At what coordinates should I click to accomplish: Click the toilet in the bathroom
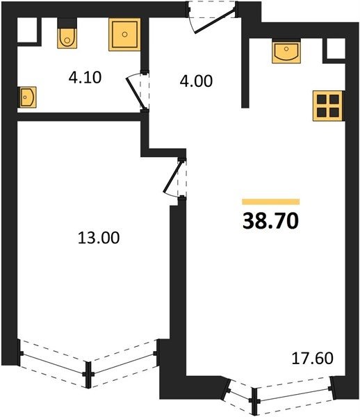pos(67,38)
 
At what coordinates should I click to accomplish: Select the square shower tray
pos(124,34)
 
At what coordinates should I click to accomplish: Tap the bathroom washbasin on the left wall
pos(27,97)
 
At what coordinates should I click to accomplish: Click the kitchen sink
pos(286,51)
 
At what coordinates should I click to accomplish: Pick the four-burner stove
pos(328,106)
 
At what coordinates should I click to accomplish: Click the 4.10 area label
pos(85,78)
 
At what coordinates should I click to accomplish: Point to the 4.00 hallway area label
pos(196,81)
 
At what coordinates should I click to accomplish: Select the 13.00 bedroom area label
pos(99,238)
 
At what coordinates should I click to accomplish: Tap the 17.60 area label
pos(313,358)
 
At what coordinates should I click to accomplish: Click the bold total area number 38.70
pos(270,221)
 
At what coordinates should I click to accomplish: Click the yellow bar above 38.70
pos(270,202)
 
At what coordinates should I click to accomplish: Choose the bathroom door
pos(138,90)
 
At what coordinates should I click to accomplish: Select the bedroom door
pos(174,177)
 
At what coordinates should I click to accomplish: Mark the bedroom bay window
pos(88,363)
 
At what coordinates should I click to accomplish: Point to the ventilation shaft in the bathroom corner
pos(27,30)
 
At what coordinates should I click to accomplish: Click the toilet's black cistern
pos(67,23)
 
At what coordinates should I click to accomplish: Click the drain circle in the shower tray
pos(124,34)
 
